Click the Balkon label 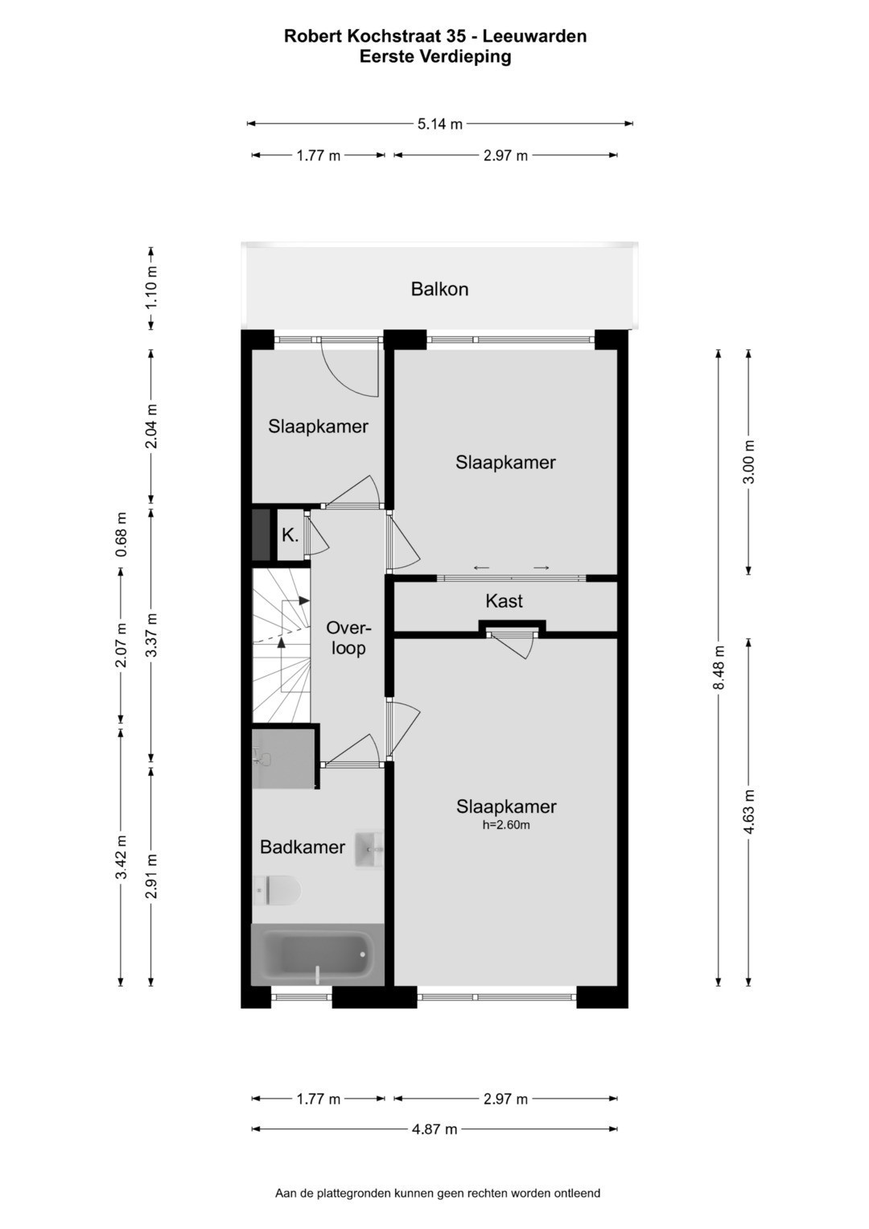pos(439,289)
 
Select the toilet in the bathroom pos(277,890)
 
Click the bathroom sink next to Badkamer pos(369,850)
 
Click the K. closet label pos(290,535)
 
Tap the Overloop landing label pos(348,637)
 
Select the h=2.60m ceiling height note pos(506,825)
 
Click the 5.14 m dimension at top pos(440,124)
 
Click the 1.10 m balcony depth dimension pos(151,287)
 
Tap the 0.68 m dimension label pos(121,534)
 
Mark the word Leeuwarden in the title pos(534,36)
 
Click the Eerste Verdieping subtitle pos(435,56)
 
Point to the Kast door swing pos(513,645)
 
